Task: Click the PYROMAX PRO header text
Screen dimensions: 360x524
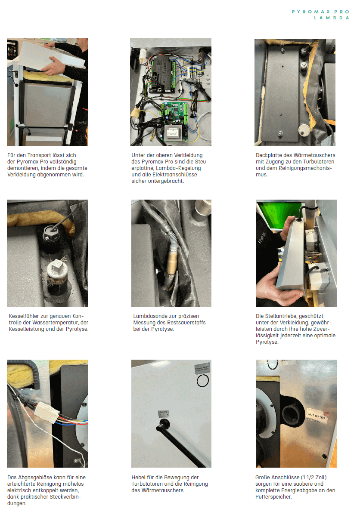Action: [320, 12]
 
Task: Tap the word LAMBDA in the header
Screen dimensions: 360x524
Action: [332, 18]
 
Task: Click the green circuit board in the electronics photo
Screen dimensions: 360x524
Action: [174, 120]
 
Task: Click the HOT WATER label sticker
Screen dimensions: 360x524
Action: [317, 416]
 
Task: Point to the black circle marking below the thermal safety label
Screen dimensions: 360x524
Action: [203, 380]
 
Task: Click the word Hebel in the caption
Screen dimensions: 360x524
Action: [138, 478]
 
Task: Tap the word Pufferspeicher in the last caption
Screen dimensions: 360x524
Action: [273, 497]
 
